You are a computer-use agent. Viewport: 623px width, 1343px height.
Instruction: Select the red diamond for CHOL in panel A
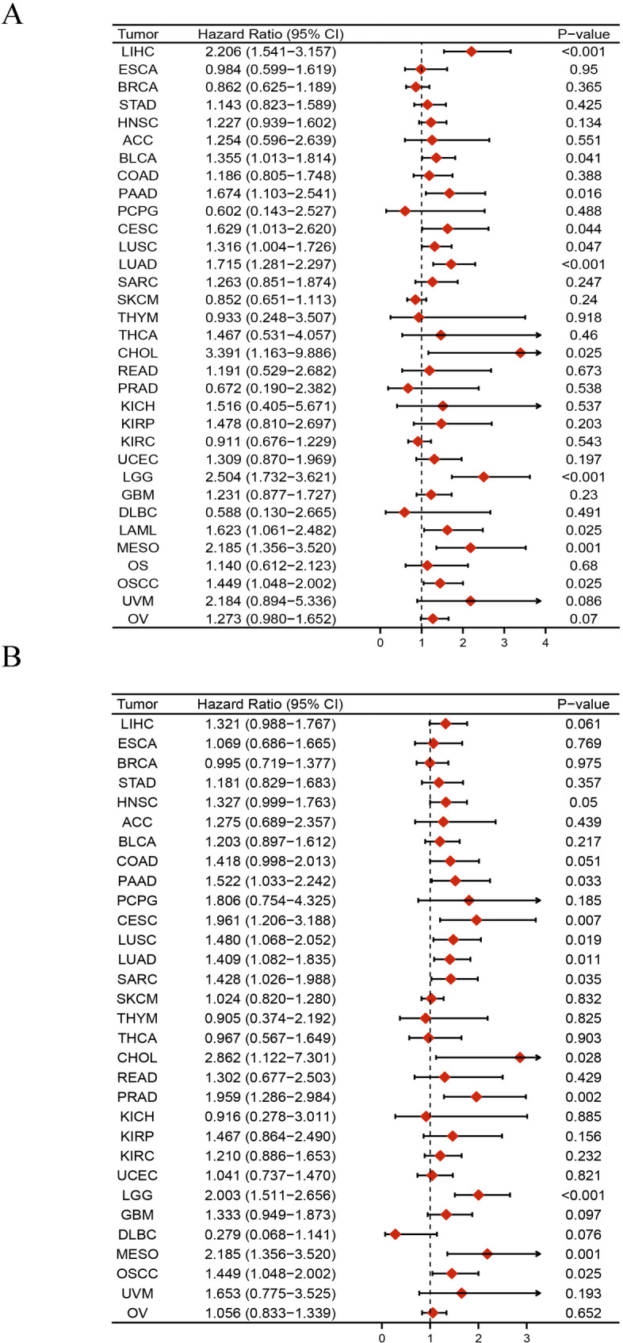520,353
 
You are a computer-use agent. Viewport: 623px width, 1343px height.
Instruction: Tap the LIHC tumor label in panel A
138,52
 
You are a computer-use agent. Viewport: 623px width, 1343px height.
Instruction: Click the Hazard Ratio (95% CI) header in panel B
269,704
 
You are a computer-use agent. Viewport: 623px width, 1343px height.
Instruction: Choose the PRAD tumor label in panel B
138,1097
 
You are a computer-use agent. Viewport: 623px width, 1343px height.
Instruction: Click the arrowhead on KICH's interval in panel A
541,406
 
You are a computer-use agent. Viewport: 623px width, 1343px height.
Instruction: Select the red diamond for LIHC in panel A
471,52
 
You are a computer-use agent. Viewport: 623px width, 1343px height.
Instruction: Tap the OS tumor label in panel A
138,566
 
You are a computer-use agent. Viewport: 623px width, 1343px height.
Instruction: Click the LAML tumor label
138,530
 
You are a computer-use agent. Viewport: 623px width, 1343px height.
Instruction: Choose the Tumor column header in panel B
138,704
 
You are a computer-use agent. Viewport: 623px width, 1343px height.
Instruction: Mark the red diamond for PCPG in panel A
405,211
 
